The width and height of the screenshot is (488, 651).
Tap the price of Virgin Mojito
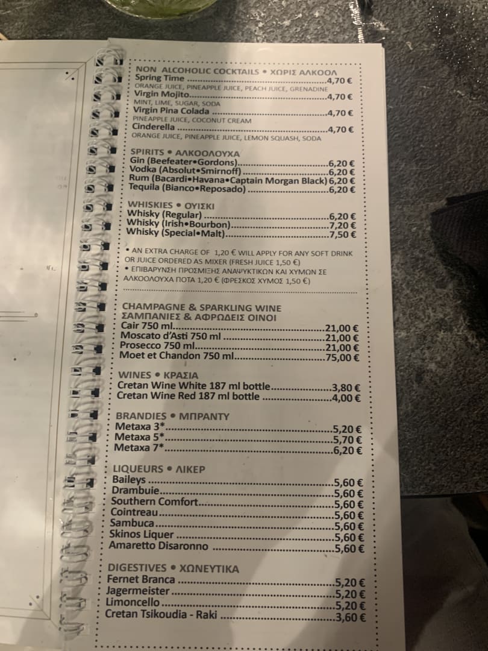point(340,96)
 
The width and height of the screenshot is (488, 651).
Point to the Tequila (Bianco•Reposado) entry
point(187,189)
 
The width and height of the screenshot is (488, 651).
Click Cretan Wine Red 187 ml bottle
point(189,396)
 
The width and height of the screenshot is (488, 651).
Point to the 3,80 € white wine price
point(346,388)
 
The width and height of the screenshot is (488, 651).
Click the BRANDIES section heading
point(141,416)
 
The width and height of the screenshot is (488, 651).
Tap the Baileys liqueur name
point(129,480)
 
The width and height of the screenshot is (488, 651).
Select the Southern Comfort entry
point(155,502)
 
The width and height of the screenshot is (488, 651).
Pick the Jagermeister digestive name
point(138,591)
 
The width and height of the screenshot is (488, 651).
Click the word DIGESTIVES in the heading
point(137,568)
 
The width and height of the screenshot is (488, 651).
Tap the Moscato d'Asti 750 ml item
point(171,336)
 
